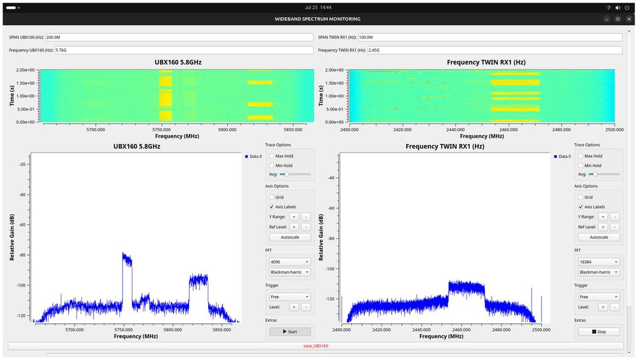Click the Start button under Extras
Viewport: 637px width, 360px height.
290,331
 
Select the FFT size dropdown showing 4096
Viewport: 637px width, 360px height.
290,262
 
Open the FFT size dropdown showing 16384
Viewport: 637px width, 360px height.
599,262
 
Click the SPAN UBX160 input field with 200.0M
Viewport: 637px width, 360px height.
179,37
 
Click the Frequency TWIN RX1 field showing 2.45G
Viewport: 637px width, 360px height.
495,50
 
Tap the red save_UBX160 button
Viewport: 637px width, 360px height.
316,346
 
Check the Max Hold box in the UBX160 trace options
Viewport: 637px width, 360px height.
272,156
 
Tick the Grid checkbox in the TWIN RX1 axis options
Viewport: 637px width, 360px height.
580,197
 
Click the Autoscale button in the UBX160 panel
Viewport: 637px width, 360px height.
290,237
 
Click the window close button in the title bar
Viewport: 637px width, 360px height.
629,19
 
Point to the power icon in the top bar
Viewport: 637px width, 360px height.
627,7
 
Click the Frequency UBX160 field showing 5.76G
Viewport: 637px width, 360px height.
184,50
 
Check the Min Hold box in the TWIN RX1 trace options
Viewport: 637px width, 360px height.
580,166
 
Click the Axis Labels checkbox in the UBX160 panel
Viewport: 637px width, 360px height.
272,207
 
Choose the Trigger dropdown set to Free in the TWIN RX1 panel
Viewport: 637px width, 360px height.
599,297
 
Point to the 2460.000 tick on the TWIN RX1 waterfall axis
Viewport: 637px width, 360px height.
509,130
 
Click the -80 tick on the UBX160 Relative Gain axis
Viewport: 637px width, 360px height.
22,255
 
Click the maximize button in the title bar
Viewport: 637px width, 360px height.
618,19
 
